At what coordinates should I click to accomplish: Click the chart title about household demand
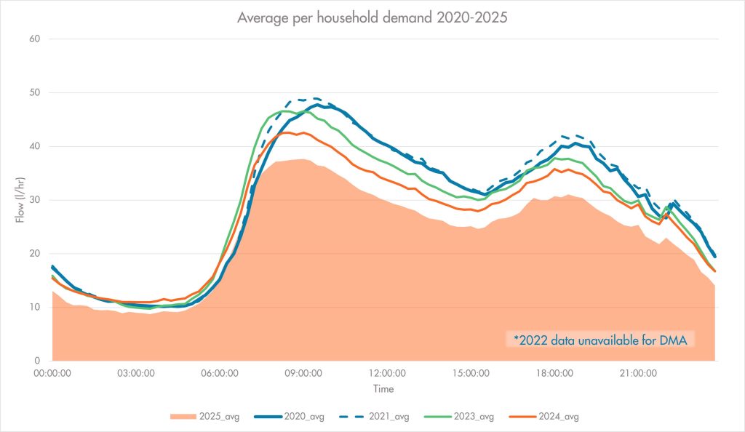(372, 18)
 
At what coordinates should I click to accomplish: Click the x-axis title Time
(384, 389)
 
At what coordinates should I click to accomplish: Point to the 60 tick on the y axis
(33, 39)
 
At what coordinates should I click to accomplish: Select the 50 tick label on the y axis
(33, 93)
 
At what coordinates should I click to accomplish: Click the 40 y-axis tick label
(33, 146)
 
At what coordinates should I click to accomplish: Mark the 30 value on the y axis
(33, 200)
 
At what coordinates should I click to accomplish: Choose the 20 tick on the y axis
(33, 254)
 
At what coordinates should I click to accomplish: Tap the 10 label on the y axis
(33, 308)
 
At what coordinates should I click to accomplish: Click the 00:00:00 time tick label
(53, 373)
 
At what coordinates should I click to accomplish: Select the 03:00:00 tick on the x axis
(136, 373)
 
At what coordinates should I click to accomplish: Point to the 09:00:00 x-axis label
(302, 373)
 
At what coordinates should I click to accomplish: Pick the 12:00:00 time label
(385, 373)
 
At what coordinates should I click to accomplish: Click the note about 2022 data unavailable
(599, 340)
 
